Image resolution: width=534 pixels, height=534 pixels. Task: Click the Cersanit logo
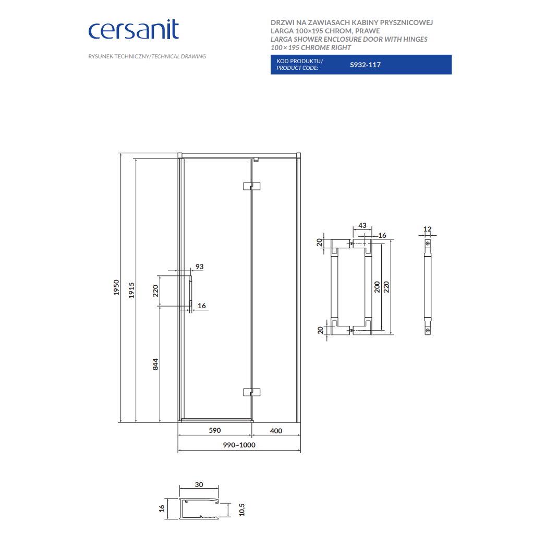133,30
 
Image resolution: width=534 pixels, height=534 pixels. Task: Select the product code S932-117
366,65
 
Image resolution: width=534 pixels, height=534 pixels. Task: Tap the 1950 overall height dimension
116,287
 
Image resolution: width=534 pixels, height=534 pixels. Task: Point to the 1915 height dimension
131,290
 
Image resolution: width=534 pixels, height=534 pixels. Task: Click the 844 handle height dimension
155,364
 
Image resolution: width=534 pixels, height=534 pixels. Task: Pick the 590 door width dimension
214,430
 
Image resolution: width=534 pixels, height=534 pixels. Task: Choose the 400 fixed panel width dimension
276,431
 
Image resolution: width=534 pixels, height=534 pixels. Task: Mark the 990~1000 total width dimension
239,445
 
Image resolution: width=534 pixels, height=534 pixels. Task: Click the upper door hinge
252,186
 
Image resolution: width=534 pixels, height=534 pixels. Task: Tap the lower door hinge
252,392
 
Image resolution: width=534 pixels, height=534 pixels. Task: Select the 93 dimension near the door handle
200,266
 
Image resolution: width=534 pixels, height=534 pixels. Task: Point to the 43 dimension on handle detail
362,225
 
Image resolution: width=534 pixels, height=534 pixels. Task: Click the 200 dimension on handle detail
377,287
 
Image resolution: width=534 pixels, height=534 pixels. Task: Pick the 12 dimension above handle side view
428,229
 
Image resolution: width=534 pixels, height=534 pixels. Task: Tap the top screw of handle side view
428,243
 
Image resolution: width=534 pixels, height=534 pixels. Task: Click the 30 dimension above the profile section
199,484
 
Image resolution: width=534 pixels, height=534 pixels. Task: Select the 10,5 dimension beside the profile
242,510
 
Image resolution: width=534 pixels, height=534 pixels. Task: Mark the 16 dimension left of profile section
162,508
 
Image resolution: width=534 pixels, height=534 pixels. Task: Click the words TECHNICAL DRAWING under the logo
179,56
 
